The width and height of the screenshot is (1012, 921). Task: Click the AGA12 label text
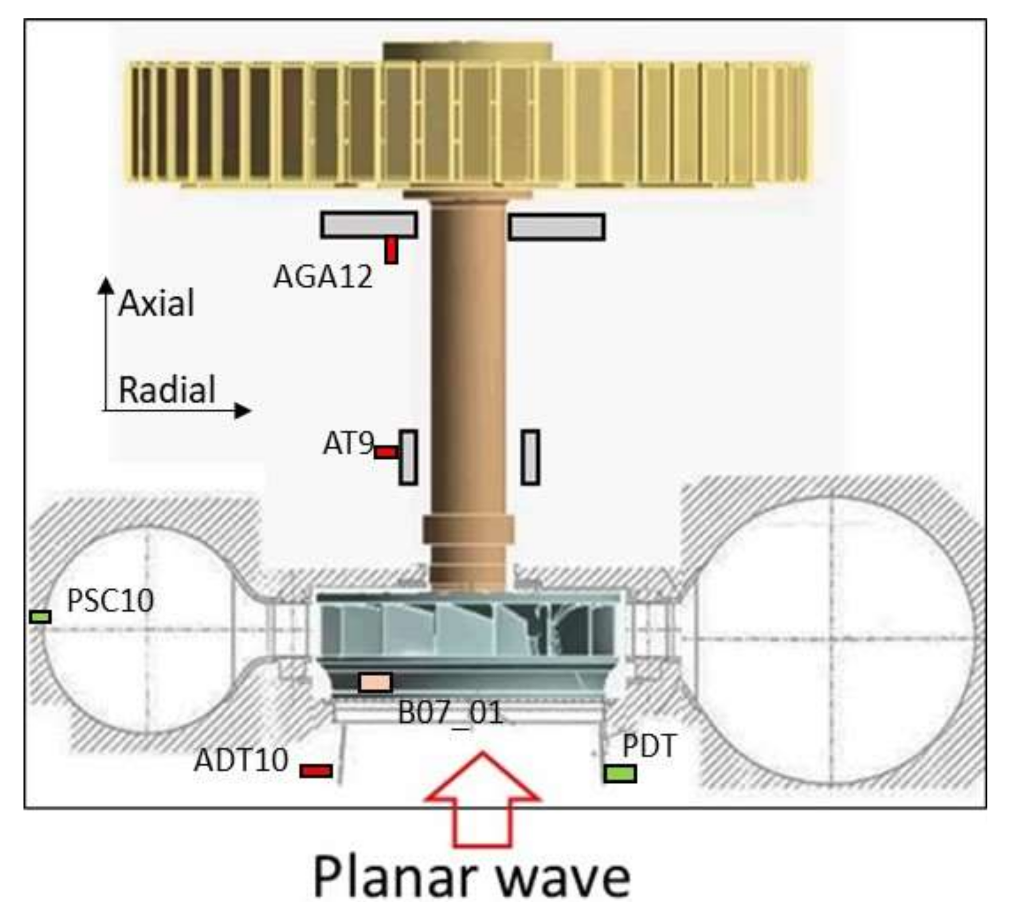323,277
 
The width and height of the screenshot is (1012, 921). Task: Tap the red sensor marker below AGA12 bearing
391,251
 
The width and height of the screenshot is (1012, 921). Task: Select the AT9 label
348,443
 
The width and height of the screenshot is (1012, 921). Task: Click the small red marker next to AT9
386,452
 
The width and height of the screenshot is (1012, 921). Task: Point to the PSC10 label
110,601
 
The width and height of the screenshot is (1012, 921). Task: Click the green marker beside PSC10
40,617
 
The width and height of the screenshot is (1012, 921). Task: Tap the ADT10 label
241,760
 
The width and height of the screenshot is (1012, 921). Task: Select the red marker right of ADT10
316,771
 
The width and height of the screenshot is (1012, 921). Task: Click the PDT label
649,746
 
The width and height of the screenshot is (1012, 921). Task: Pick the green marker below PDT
620,774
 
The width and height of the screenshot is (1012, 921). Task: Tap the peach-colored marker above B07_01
375,682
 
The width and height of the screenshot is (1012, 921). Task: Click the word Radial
167,390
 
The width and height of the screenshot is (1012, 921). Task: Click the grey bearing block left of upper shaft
368,225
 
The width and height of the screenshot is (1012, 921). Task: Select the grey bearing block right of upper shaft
556,227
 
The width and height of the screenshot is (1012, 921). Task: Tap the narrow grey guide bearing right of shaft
530,457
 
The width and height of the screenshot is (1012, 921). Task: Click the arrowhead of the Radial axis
244,411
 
